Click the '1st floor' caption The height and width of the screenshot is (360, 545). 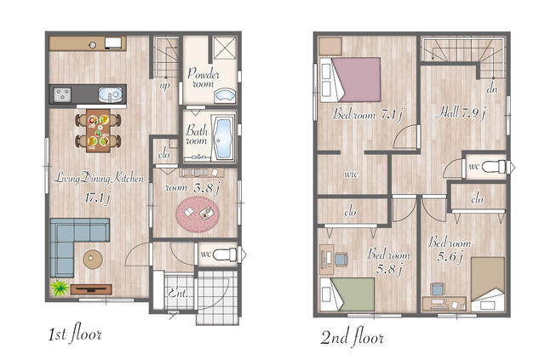[x=75, y=334]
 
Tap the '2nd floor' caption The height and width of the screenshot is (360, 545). [x=352, y=336]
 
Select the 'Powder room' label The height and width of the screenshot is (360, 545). [x=204, y=78]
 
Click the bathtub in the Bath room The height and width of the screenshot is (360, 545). [x=222, y=139]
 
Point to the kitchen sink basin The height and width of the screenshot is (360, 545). [x=110, y=94]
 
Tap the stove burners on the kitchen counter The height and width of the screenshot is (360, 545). [x=62, y=94]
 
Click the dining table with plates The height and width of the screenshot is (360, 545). [x=99, y=131]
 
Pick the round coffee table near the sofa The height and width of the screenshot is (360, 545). [x=93, y=259]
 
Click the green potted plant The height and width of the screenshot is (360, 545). [x=60, y=288]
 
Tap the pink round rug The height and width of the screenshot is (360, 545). [x=198, y=214]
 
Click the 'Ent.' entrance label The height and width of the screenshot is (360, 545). [x=178, y=294]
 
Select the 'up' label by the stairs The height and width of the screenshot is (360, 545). [x=164, y=85]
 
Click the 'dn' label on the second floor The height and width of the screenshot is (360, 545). [x=492, y=89]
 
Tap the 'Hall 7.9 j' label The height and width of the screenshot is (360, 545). [x=461, y=112]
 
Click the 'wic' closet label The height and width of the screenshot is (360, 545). [x=351, y=174]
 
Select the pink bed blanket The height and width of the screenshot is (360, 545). [x=358, y=80]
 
